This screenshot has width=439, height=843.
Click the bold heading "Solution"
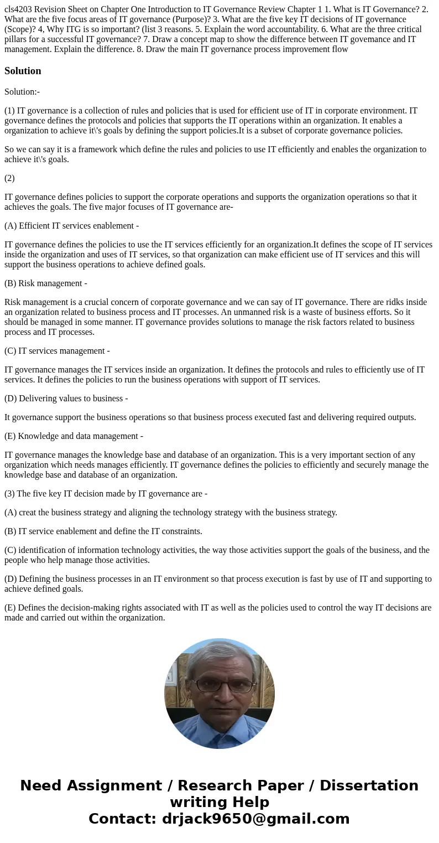(x=23, y=71)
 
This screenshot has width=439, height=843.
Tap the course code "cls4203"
(x=18, y=9)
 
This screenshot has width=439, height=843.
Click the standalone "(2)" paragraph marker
(x=9, y=178)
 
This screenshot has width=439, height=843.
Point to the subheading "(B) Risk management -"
(x=46, y=283)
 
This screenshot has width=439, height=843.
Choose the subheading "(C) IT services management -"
(x=57, y=350)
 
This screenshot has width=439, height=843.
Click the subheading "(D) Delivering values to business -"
(x=66, y=398)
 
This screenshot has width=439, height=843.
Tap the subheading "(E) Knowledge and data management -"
(x=74, y=436)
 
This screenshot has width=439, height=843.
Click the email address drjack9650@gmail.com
(x=255, y=819)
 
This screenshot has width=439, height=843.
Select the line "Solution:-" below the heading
(x=22, y=91)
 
